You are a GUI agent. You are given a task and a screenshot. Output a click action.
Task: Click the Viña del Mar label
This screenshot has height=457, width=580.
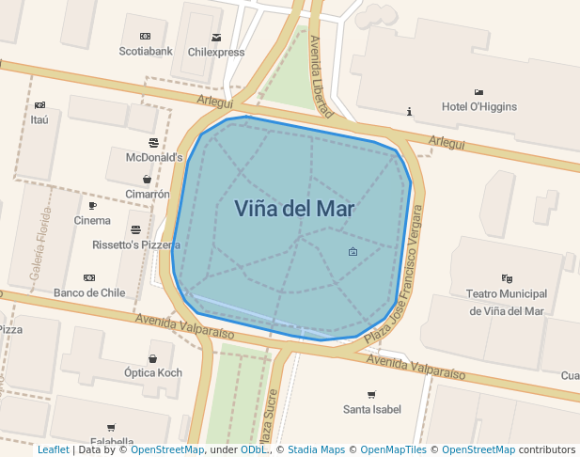294,209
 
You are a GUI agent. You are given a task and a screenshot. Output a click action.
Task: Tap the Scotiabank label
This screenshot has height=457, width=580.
146,52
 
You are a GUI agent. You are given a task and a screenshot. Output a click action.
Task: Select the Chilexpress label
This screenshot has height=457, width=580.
216,53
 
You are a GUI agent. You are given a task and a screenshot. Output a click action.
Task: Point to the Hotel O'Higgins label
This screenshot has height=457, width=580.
479,106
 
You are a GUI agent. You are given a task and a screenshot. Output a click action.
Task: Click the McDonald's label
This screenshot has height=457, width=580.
154,157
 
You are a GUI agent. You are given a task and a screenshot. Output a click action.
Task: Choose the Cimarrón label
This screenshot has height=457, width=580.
148,195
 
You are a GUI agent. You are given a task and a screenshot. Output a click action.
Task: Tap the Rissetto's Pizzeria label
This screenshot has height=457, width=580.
136,244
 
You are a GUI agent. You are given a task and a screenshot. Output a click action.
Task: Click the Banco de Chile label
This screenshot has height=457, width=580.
89,292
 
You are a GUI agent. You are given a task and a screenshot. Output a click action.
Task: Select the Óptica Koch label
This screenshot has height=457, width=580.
153,373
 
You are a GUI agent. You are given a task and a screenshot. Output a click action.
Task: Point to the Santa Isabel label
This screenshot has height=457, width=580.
371,409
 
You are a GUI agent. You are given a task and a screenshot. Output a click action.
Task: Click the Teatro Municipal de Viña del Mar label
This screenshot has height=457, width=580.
507,302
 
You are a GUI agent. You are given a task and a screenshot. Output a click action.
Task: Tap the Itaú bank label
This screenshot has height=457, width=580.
39,119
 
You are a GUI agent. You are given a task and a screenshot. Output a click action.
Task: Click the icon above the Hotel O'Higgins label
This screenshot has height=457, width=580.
479,92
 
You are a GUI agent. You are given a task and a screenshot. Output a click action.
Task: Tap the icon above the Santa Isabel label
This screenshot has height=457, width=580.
371,395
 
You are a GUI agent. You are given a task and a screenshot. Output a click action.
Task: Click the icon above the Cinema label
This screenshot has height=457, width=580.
92,206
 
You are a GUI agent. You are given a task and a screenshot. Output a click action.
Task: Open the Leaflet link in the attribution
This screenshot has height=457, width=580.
54,450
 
